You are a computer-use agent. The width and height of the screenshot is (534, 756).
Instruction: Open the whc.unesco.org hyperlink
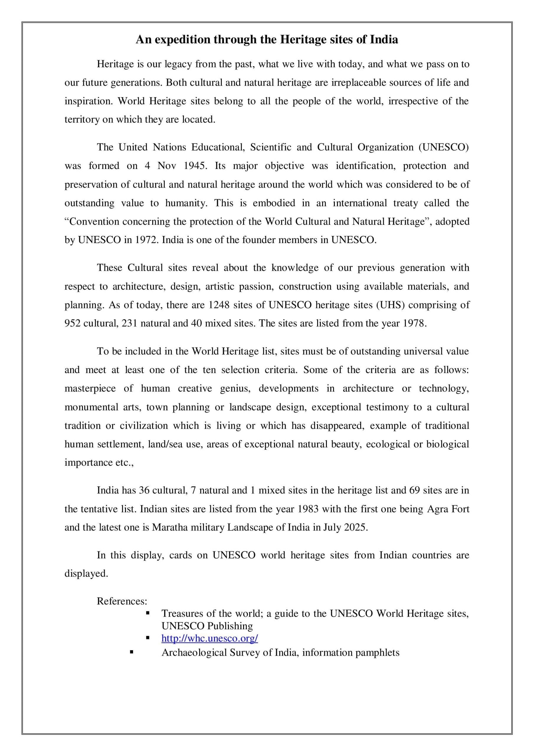pos(209,638)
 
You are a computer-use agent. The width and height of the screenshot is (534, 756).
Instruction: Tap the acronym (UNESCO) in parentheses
pos(443,147)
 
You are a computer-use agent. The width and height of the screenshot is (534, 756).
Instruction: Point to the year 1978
pos(414,323)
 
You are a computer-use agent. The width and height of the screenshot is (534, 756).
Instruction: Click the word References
pos(122,601)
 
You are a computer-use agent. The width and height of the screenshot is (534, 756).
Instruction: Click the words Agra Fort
pos(448,509)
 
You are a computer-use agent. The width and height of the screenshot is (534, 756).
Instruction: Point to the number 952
pos(72,323)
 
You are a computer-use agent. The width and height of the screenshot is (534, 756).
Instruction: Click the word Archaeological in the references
pos(194,652)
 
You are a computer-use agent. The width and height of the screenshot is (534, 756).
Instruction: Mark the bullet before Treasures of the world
pos(148,613)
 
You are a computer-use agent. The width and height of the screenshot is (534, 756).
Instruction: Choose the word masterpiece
pos(90,389)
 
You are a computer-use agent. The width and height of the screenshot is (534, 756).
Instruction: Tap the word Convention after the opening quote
pos(94,221)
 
